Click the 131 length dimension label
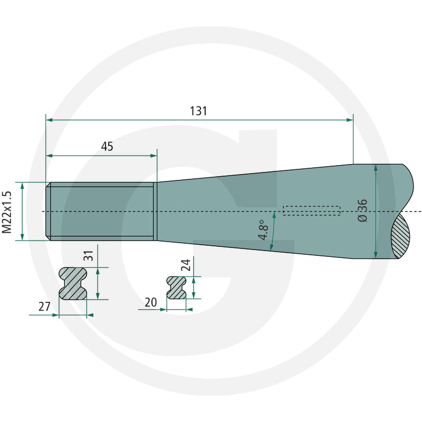click(198, 111)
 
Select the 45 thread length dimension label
click(107, 147)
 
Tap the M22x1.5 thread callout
click(7, 212)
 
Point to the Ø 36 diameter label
click(363, 210)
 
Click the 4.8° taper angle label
click(263, 230)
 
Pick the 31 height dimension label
click(89, 256)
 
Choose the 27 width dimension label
click(44, 306)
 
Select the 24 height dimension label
click(186, 265)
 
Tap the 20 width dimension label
click(151, 302)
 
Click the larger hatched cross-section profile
click(73, 283)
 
